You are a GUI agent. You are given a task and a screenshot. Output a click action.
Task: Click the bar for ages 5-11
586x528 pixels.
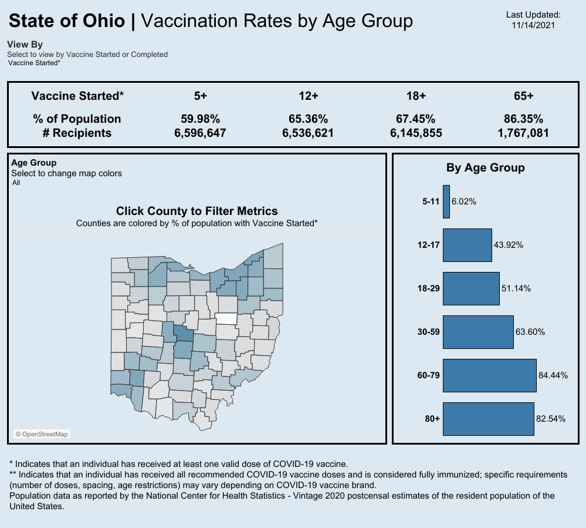click(446, 202)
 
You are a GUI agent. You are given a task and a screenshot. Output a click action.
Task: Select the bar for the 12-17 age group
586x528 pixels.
click(467, 245)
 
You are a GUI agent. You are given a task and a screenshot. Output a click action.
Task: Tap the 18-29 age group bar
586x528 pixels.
click(471, 288)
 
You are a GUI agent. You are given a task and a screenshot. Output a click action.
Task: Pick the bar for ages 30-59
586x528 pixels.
click(478, 332)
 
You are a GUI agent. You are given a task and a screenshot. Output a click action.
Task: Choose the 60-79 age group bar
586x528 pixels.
click(490, 375)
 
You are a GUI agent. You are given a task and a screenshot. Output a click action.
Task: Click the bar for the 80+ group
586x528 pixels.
click(488, 419)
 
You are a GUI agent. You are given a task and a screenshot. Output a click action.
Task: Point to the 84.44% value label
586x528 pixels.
click(553, 375)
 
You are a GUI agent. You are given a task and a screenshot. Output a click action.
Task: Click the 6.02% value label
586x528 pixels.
click(464, 201)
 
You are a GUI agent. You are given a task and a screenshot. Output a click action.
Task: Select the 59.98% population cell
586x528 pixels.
click(200, 119)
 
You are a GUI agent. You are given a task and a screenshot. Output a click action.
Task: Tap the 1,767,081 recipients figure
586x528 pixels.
click(523, 133)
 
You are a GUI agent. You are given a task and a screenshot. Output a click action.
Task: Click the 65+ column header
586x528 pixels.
click(523, 96)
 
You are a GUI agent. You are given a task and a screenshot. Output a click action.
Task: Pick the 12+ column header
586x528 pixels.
click(308, 96)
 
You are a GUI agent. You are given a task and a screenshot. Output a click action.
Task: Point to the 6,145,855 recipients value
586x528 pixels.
click(416, 133)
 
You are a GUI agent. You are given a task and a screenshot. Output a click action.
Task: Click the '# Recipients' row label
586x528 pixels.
click(77, 133)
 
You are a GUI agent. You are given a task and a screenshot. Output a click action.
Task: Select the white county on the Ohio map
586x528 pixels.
click(226, 319)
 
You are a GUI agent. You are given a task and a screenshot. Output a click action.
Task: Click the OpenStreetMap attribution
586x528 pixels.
click(42, 434)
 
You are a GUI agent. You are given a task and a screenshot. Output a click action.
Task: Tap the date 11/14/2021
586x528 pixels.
click(533, 25)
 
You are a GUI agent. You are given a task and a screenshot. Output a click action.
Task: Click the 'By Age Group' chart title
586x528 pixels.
click(485, 167)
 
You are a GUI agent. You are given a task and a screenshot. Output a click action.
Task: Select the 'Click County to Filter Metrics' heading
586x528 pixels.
click(197, 211)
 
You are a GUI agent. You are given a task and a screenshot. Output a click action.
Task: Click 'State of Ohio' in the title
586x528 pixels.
click(67, 21)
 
